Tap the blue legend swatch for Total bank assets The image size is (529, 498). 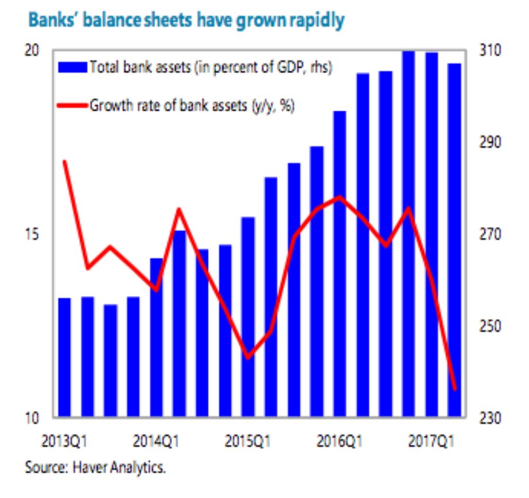(x=73, y=67)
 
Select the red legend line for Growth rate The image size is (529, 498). (x=73, y=106)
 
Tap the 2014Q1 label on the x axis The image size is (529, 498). (x=156, y=440)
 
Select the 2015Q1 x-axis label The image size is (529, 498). (x=248, y=440)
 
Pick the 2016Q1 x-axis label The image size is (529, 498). (x=340, y=440)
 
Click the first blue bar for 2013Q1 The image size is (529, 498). (x=65, y=357)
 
